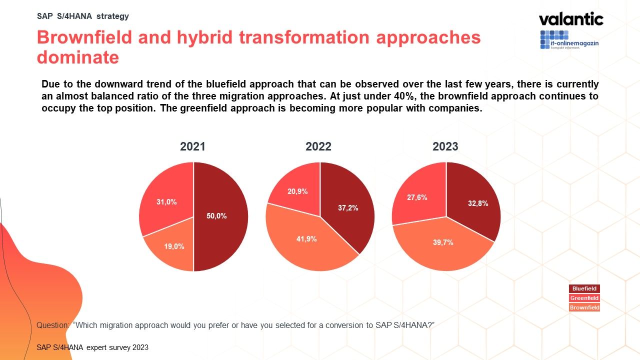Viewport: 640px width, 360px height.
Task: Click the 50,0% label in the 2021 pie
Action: (x=216, y=216)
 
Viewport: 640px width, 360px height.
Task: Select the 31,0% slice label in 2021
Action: (x=166, y=202)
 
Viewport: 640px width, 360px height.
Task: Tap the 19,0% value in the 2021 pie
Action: (x=174, y=246)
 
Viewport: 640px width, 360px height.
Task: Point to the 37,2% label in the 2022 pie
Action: (x=348, y=208)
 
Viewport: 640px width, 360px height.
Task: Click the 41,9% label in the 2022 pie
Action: (x=306, y=239)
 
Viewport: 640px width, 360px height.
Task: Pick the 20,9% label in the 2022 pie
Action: (x=297, y=191)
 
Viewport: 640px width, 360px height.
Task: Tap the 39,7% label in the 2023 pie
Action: (x=443, y=242)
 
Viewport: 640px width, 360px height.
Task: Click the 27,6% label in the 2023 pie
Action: (x=417, y=197)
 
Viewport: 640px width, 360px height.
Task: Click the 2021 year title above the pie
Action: (x=192, y=147)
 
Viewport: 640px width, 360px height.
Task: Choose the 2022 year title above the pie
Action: (x=318, y=147)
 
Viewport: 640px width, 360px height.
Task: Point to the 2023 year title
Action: (x=445, y=147)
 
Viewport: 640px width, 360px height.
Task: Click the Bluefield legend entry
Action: (x=584, y=288)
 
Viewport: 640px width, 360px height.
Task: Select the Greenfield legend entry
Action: (x=584, y=298)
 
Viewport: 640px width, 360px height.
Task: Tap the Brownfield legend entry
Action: (x=584, y=307)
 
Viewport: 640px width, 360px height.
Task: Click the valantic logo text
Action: (x=571, y=19)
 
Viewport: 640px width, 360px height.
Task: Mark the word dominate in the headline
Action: (x=78, y=57)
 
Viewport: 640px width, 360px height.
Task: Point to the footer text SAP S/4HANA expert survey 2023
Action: (x=92, y=347)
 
